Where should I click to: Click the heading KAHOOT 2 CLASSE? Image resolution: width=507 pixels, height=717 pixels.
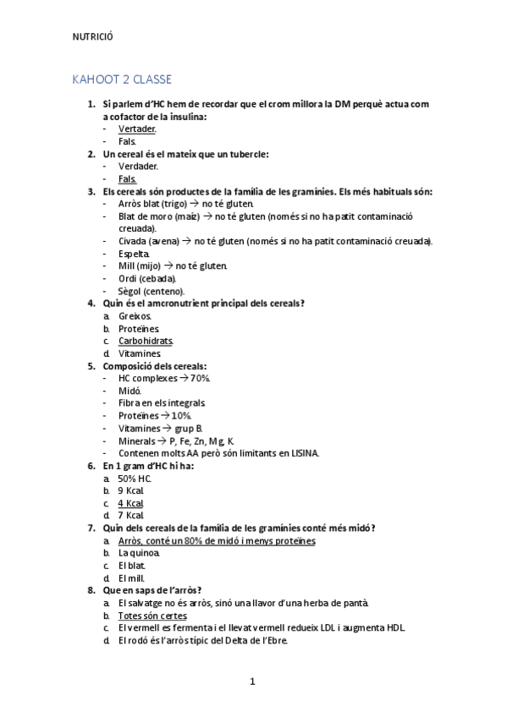[x=123, y=79]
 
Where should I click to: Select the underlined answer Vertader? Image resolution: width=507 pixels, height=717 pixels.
[x=136, y=129]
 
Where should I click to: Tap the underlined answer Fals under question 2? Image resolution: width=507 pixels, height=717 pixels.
[x=127, y=179]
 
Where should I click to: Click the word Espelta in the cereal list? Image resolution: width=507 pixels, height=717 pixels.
[x=134, y=254]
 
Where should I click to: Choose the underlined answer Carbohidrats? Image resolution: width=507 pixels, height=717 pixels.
[x=146, y=341]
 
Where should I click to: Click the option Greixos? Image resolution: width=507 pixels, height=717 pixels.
[x=135, y=315]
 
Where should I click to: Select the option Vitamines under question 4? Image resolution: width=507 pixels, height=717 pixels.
[x=139, y=353]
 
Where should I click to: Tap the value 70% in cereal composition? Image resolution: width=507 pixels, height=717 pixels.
[x=200, y=378]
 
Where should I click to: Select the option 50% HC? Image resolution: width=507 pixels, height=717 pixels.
[x=135, y=478]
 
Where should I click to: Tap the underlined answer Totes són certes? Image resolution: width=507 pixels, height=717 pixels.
[x=152, y=616]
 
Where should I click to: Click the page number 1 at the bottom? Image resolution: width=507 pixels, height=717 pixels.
[x=252, y=681]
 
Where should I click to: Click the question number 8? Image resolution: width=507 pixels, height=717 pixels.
[x=91, y=590]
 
